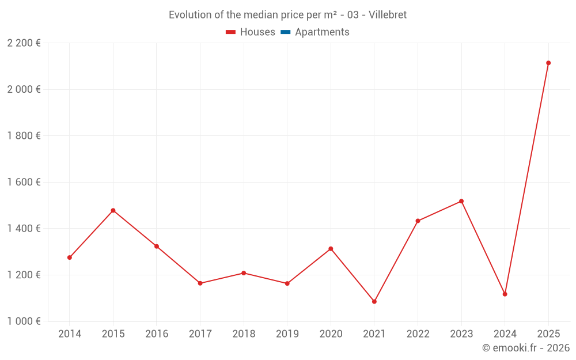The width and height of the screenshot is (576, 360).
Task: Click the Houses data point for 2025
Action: coord(548,63)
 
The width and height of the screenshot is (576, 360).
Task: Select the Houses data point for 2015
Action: coord(113,210)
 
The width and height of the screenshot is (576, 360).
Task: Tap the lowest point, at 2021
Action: coord(374,301)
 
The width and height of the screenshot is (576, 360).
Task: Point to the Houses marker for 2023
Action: coord(461,201)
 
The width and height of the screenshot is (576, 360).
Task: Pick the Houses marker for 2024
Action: coord(505,294)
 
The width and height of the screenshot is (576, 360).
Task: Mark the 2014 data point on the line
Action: coord(70,257)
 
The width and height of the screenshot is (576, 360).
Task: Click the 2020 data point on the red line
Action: coord(331,249)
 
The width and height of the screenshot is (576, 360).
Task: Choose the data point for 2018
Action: coord(244,273)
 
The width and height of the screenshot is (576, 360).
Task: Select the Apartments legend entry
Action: coord(322,32)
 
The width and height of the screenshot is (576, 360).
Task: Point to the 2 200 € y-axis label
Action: coord(24,43)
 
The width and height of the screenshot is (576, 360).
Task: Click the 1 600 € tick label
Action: coord(24,182)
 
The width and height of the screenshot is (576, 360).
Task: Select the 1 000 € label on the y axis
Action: coord(24,321)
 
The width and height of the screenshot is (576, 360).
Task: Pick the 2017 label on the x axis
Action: coord(200,334)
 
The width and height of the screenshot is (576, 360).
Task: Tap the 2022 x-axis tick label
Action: coord(418,334)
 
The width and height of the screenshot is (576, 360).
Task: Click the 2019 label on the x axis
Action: coord(287,334)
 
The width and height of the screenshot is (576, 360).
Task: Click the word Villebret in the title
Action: coord(388,15)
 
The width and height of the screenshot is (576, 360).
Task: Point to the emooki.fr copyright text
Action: coord(525,348)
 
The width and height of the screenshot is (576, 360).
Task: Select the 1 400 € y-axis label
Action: coord(24,228)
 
